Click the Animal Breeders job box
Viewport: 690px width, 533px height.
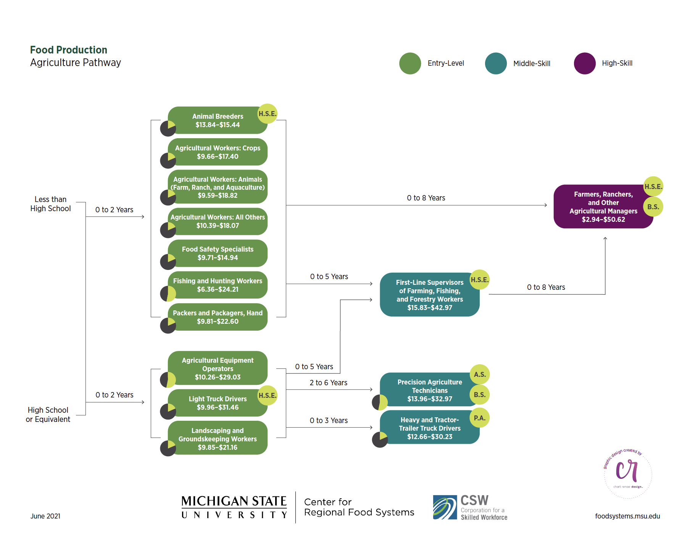[218, 121]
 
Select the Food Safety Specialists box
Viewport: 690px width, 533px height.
[218, 254]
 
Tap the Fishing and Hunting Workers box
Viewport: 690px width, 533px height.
[218, 285]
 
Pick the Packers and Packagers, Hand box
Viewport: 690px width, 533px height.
[218, 317]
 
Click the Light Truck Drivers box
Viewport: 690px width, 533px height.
[218, 403]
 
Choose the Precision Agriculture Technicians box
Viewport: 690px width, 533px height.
[429, 390]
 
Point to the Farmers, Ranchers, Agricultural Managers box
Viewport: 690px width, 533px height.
[603, 207]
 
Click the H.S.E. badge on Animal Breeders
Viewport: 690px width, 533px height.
[267, 114]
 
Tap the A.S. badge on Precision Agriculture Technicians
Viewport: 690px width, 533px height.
[480, 375]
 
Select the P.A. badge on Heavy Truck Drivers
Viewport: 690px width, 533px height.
[480, 418]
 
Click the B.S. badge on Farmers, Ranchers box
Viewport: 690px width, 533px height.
[653, 207]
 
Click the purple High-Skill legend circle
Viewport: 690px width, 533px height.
[585, 63]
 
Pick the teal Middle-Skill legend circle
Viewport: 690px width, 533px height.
[496, 63]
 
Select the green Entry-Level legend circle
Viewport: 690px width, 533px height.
[410, 63]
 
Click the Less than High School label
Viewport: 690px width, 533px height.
[50, 204]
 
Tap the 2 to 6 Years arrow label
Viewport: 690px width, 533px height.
[328, 383]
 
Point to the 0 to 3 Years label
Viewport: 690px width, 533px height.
[329, 420]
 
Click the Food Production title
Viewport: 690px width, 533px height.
[69, 50]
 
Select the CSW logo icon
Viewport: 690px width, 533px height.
[445, 507]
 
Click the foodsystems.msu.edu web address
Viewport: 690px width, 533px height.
[627, 516]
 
